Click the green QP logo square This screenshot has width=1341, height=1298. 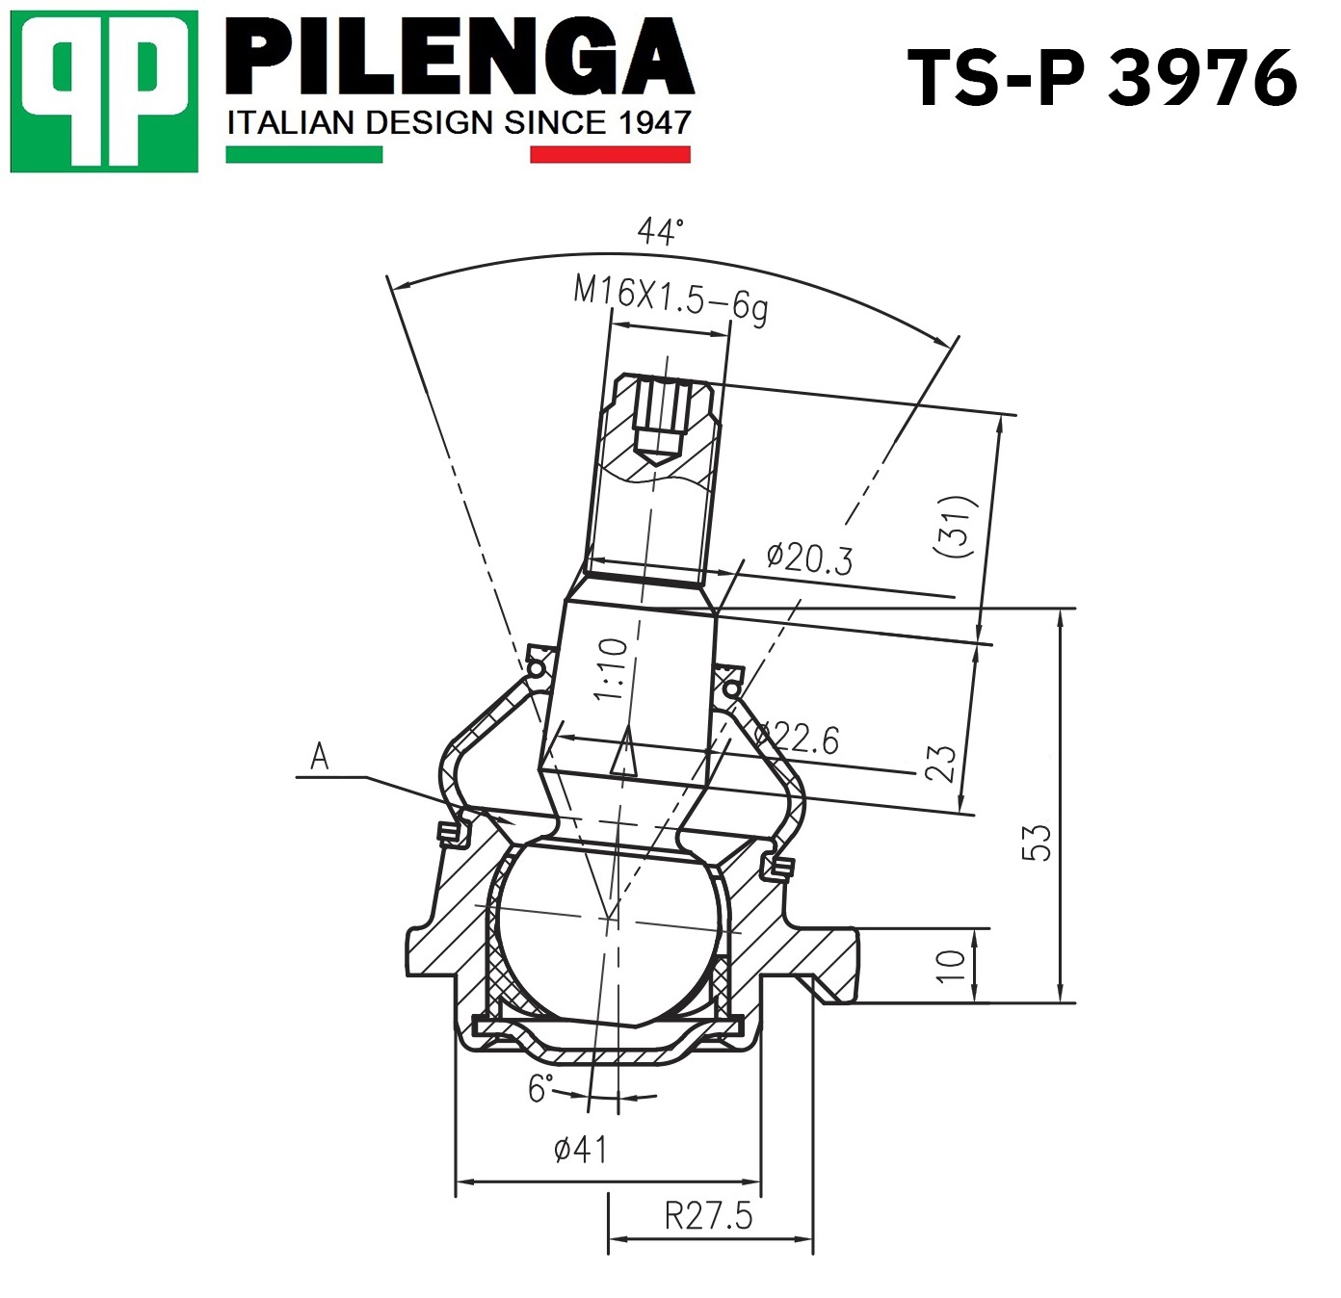point(104,91)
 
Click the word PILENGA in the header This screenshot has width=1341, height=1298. point(460,60)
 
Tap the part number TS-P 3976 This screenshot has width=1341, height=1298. point(1102,79)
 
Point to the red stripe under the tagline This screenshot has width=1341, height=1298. point(610,154)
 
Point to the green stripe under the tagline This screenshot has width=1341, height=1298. point(303,154)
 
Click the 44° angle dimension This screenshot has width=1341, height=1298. point(660,231)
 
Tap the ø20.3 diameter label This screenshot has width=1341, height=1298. point(809,558)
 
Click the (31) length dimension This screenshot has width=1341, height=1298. point(955,526)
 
